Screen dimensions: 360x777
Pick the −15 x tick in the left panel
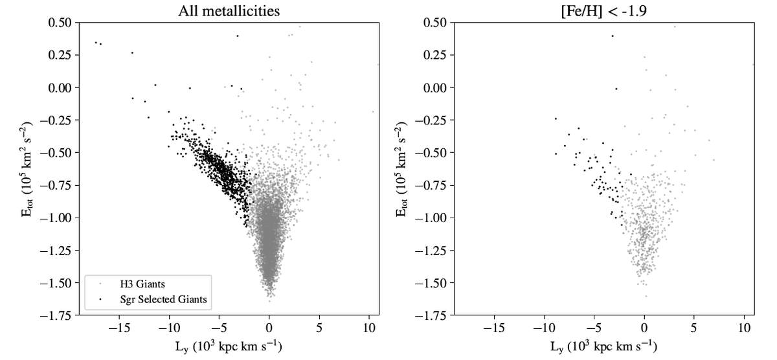point(119,328)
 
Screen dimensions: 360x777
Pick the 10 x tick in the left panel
point(369,328)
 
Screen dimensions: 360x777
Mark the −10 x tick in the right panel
point(544,328)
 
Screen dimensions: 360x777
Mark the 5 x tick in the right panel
point(694,328)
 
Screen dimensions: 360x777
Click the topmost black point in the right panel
point(612,36)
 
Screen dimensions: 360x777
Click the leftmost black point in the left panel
point(96,43)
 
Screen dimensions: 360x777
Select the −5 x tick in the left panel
point(219,328)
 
